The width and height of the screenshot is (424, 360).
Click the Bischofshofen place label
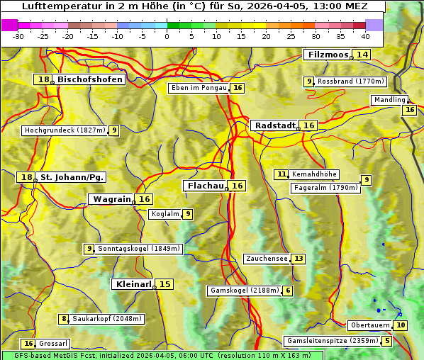point(90,79)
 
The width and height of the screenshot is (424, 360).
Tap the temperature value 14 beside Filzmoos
point(362,55)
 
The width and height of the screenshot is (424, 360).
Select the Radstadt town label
point(275,125)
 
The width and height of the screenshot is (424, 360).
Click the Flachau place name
point(205,186)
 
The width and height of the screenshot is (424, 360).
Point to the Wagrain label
point(112,199)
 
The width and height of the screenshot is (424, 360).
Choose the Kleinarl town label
point(133,284)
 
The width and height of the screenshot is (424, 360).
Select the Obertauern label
point(371,325)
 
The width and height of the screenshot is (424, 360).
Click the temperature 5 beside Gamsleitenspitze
point(386,341)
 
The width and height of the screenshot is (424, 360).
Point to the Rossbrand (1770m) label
point(350,81)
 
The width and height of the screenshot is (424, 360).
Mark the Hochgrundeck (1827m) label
point(65,130)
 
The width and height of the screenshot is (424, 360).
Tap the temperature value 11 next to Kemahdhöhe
point(282,174)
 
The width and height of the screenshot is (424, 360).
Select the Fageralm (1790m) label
point(325,188)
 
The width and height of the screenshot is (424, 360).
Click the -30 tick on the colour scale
point(18,35)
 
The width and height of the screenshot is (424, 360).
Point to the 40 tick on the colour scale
point(365,35)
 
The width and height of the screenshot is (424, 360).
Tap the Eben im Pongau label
point(199,88)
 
